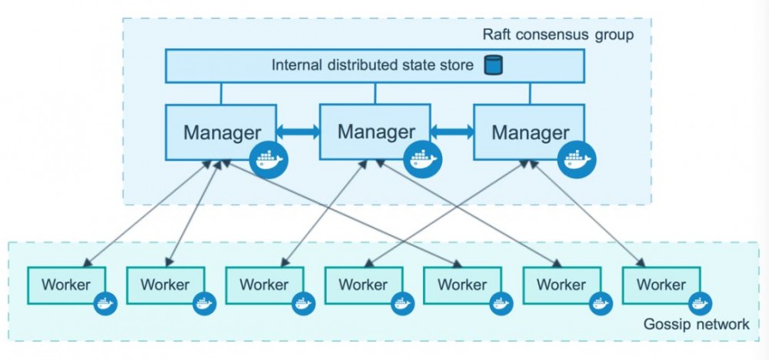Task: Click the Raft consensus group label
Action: click(x=558, y=35)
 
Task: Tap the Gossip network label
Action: click(x=695, y=324)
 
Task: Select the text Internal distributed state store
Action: click(x=372, y=65)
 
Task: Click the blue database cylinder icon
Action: click(x=492, y=65)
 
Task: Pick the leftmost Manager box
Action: click(x=220, y=132)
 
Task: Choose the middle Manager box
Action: click(x=375, y=131)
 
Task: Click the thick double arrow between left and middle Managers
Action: click(x=298, y=132)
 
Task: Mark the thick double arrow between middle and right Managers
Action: click(x=452, y=132)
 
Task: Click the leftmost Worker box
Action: click(x=65, y=285)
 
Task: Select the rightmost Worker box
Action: click(x=661, y=285)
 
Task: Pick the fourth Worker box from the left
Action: click(x=363, y=285)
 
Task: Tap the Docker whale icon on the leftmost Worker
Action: click(x=105, y=303)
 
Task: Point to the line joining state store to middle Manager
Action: click(x=375, y=93)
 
